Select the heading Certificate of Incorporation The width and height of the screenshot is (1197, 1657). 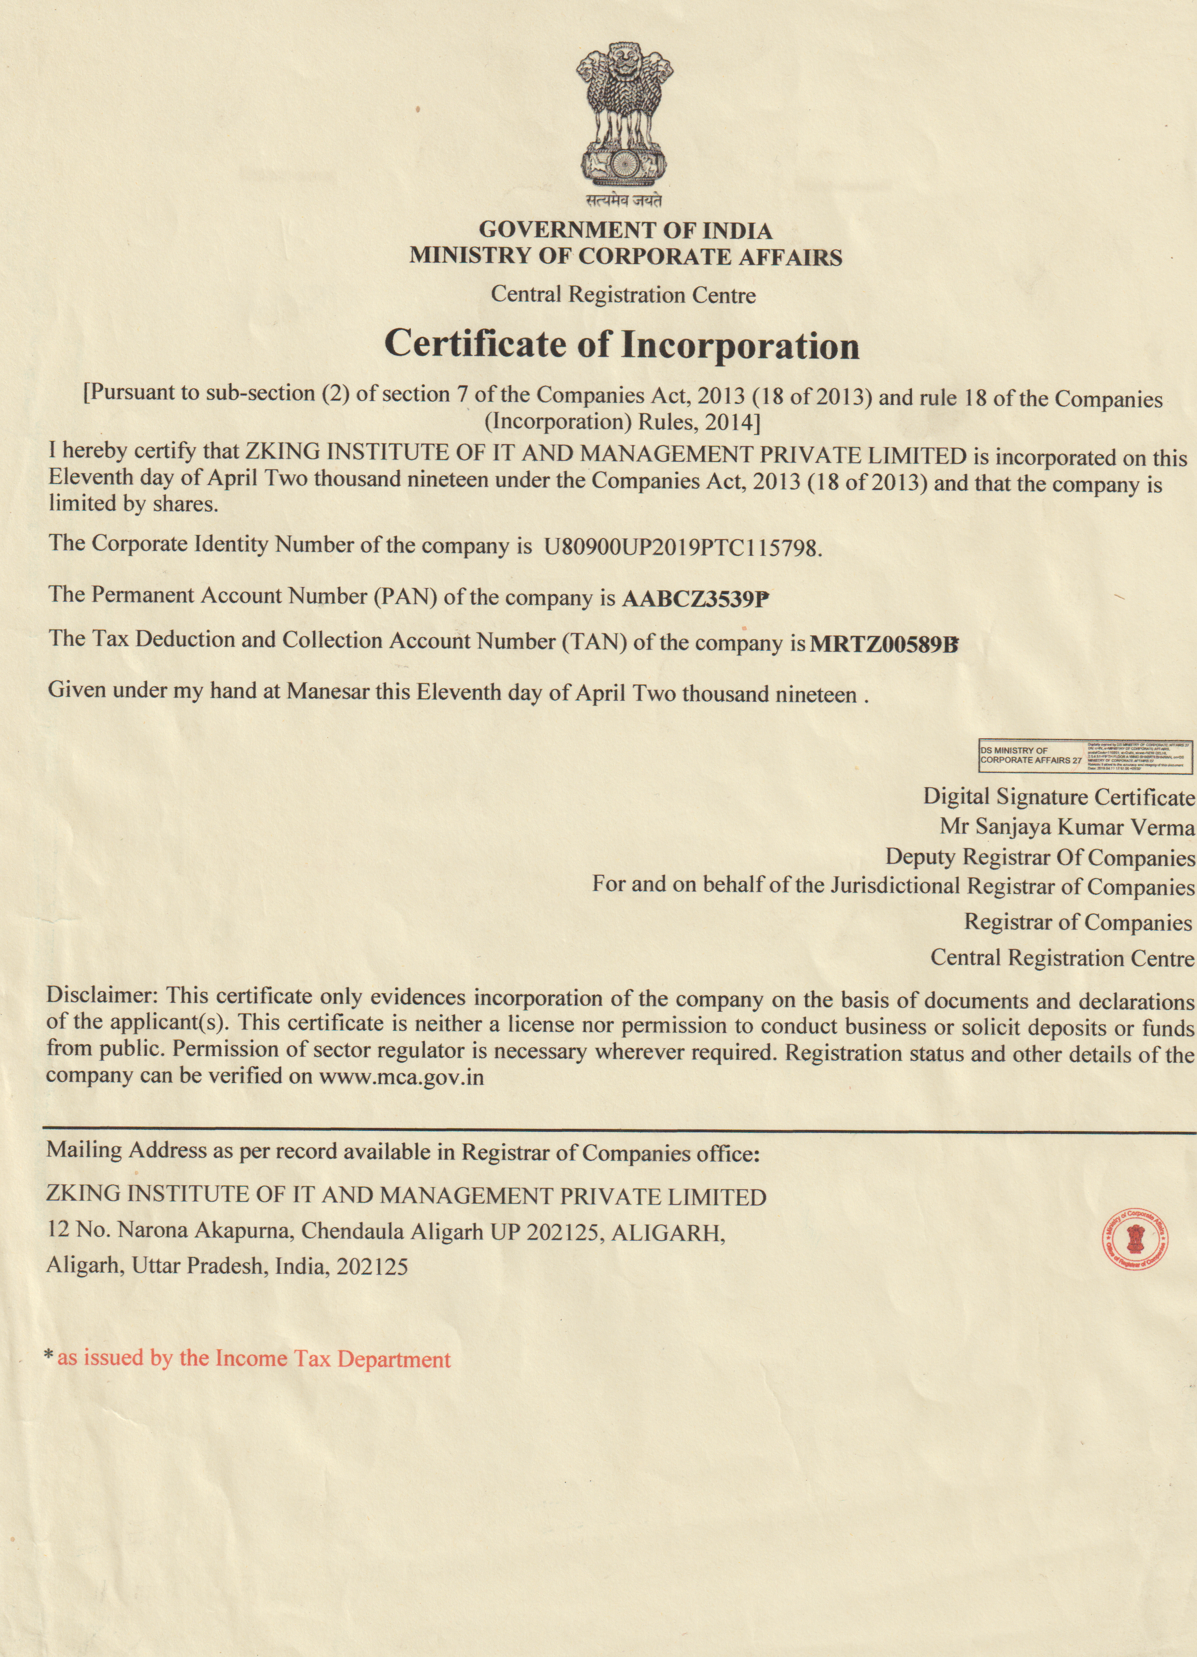coord(622,345)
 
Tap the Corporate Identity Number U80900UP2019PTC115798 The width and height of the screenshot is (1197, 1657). coord(683,547)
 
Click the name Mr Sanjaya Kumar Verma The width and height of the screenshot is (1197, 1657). coord(1067,827)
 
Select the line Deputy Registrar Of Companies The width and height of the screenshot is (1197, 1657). coord(1040,856)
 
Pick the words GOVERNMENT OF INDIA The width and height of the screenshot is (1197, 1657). coord(625,231)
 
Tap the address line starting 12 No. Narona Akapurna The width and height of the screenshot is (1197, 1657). coord(385,1231)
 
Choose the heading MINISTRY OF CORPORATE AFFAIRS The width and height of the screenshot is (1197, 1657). coord(625,257)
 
